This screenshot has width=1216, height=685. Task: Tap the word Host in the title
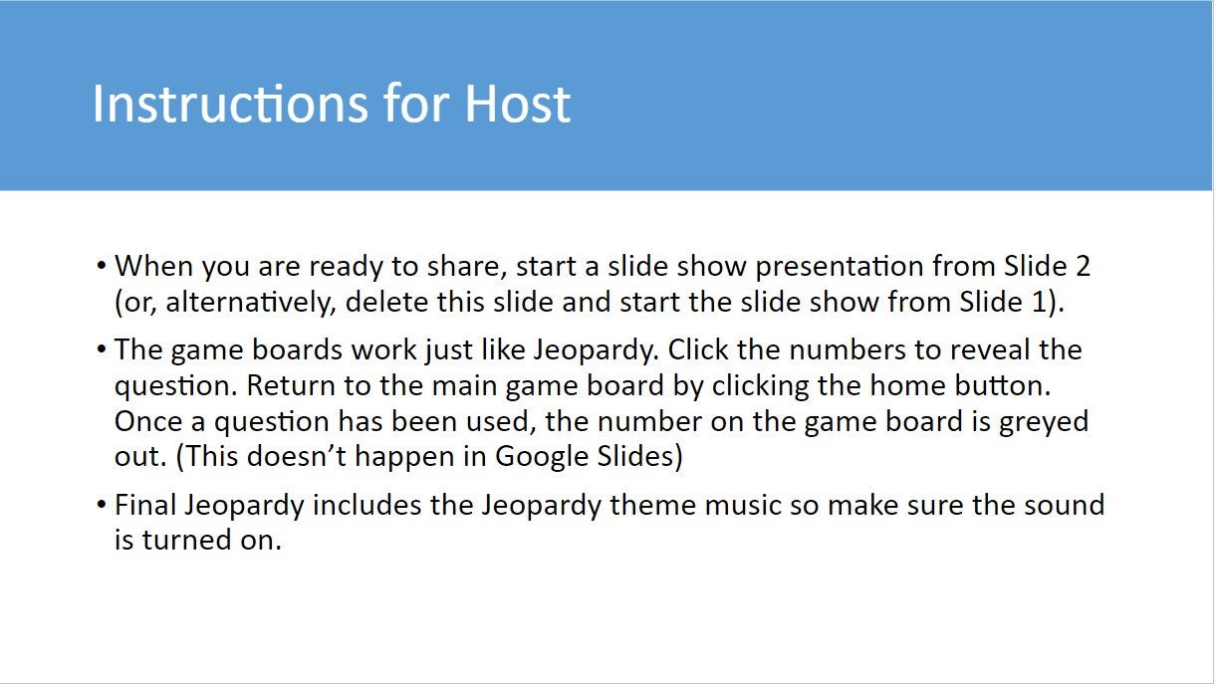(x=518, y=105)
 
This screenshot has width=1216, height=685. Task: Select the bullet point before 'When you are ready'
(x=102, y=268)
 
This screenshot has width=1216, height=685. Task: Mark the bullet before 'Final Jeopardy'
(x=102, y=506)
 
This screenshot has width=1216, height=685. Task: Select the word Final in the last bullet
(x=145, y=505)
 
